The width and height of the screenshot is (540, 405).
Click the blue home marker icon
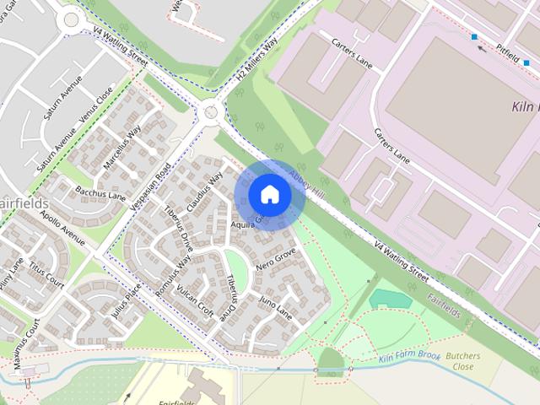(x=269, y=194)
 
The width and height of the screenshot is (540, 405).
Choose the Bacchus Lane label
(x=100, y=195)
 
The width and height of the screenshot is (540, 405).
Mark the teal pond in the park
(x=389, y=298)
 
